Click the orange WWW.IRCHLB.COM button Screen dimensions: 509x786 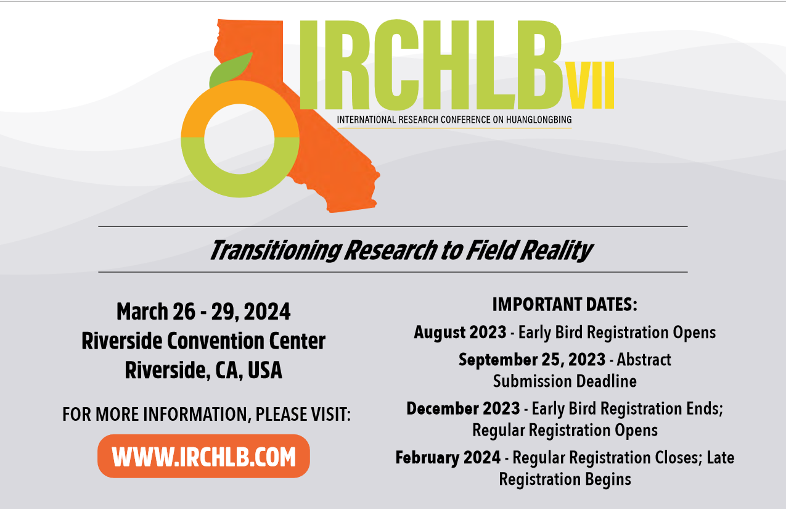[x=203, y=457]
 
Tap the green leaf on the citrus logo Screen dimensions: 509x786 [x=231, y=68]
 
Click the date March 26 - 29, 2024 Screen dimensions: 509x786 [x=203, y=312]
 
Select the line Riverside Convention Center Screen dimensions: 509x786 [x=203, y=341]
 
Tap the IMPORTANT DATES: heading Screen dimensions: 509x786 [x=564, y=304]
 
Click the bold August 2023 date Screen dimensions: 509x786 [x=460, y=333]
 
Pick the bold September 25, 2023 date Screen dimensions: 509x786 [x=531, y=360]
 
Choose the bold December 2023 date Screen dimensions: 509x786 [x=462, y=408]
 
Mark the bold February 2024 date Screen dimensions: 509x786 [x=448, y=458]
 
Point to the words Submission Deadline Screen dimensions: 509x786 [x=564, y=381]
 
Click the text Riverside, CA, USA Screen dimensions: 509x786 [x=203, y=370]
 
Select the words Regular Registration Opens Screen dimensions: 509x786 [x=565, y=429]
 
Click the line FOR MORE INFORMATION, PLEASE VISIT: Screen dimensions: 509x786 [x=207, y=415]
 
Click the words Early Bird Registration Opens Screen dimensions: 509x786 [x=616, y=333]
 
